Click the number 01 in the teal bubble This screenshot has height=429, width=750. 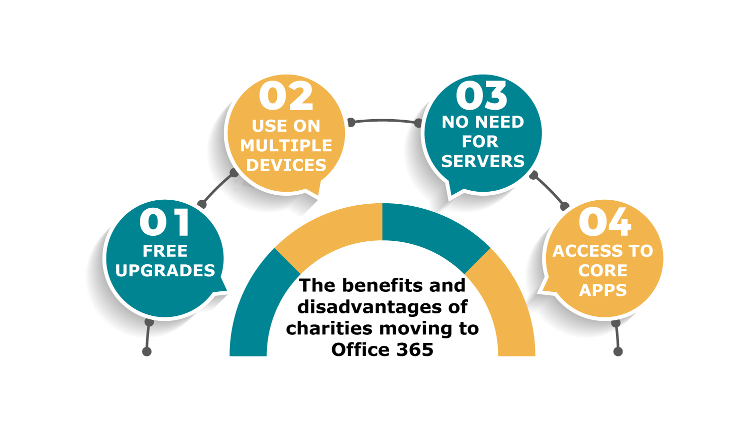(164, 222)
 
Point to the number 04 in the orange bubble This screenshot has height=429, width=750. (605, 222)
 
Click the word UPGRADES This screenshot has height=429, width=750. (165, 270)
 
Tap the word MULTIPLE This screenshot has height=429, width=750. (286, 146)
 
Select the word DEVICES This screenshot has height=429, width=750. (286, 165)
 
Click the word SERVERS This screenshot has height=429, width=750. (483, 161)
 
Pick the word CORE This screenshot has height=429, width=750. (602, 270)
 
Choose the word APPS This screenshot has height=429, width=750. (602, 290)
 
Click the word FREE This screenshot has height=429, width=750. (165, 251)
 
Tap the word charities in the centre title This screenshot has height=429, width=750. (329, 328)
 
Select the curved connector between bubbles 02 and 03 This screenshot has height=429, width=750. (384, 120)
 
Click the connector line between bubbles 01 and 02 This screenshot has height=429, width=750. (217, 188)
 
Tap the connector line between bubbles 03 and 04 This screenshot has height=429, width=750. (549, 190)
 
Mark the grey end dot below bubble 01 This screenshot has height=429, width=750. (147, 351)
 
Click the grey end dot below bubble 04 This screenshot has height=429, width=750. (618, 351)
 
